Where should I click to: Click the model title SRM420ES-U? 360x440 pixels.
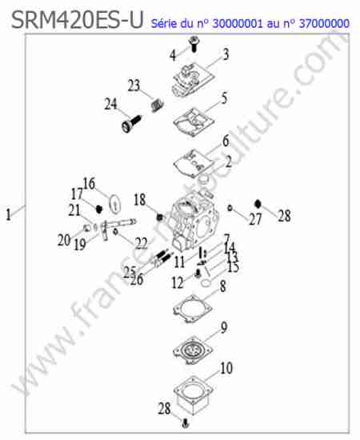(78, 20)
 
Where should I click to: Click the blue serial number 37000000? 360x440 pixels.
(324, 23)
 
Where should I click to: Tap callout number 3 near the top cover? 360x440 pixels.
(226, 54)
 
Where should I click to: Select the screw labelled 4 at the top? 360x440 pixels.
(194, 44)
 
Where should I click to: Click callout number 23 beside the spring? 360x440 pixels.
(134, 86)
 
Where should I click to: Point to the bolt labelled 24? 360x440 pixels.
(132, 124)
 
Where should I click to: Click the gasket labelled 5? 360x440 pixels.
(194, 122)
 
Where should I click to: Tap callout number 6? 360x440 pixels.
(226, 141)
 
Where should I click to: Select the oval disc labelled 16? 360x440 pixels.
(114, 204)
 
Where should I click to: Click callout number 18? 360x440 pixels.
(140, 200)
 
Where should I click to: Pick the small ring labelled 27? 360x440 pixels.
(230, 208)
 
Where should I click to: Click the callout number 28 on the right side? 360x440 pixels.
(284, 216)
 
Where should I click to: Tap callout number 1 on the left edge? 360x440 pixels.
(9, 215)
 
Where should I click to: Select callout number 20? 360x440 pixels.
(64, 241)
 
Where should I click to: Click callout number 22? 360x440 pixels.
(141, 243)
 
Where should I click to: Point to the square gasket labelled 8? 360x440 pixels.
(193, 309)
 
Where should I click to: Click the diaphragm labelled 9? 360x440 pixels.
(193, 350)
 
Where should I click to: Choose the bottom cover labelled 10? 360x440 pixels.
(194, 395)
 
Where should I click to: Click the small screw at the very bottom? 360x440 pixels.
(185, 422)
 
